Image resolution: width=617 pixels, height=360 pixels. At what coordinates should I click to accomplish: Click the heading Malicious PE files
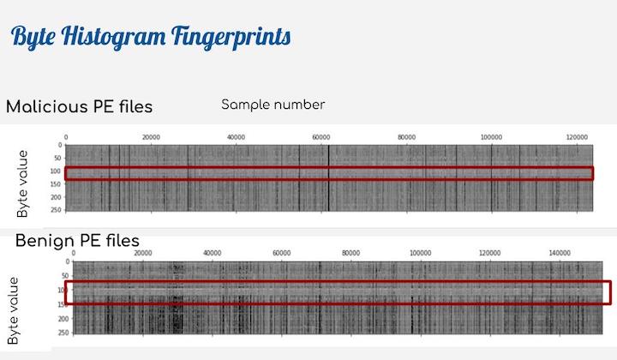79,107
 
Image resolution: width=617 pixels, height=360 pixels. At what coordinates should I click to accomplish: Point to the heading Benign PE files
77,240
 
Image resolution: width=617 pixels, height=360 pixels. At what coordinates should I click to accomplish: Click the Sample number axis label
273,105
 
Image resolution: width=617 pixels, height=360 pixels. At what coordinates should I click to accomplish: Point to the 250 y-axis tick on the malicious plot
57,208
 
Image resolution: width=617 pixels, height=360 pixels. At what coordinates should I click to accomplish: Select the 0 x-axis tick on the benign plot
74,253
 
